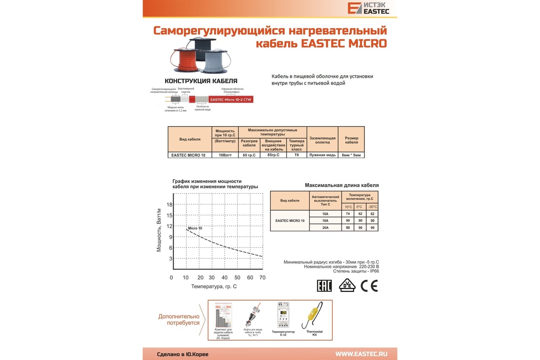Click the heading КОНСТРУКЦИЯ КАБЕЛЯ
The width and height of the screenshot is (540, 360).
[201, 81]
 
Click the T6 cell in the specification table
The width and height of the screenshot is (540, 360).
[297, 155]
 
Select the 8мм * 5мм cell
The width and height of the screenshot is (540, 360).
[351, 155]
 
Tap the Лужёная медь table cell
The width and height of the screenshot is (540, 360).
[322, 155]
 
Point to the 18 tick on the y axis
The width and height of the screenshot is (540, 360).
[170, 204]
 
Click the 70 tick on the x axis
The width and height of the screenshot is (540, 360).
[263, 278]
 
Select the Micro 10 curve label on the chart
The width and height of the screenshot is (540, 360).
[195, 228]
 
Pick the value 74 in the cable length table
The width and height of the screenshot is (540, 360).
[348, 214]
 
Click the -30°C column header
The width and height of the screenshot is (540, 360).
[372, 207]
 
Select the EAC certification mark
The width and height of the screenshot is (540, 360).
[324, 286]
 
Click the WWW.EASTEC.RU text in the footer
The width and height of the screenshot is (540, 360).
[361, 353]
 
